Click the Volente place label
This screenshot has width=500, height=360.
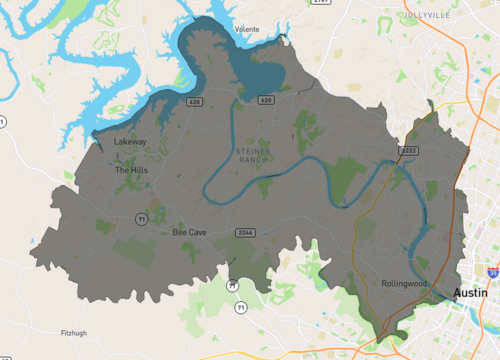pyautogui.click(x=246, y=30)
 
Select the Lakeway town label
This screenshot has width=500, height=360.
pyautogui.click(x=130, y=142)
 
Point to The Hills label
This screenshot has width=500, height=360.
pyautogui.click(x=131, y=170)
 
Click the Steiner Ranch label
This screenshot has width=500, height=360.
pyautogui.click(x=252, y=155)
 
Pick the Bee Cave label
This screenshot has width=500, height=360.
pyautogui.click(x=189, y=232)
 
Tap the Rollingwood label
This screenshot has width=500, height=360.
pyautogui.click(x=405, y=284)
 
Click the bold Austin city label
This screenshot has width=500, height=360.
pyautogui.click(x=471, y=293)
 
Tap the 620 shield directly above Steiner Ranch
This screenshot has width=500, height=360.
pyautogui.click(x=265, y=100)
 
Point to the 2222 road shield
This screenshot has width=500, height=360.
pyautogui.click(x=409, y=150)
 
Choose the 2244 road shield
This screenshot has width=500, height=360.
pyautogui.click(x=244, y=232)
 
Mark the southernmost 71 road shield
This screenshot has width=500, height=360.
pyautogui.click(x=240, y=307)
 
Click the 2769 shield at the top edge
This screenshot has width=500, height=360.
pyautogui.click(x=320, y=3)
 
